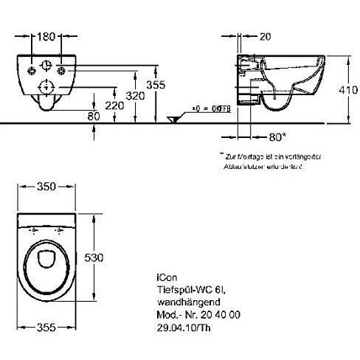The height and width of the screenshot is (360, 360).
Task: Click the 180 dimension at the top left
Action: coord(48,35)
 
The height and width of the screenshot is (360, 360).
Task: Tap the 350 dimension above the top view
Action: coord(47,187)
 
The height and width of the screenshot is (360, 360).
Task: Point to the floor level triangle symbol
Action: coord(174,119)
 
